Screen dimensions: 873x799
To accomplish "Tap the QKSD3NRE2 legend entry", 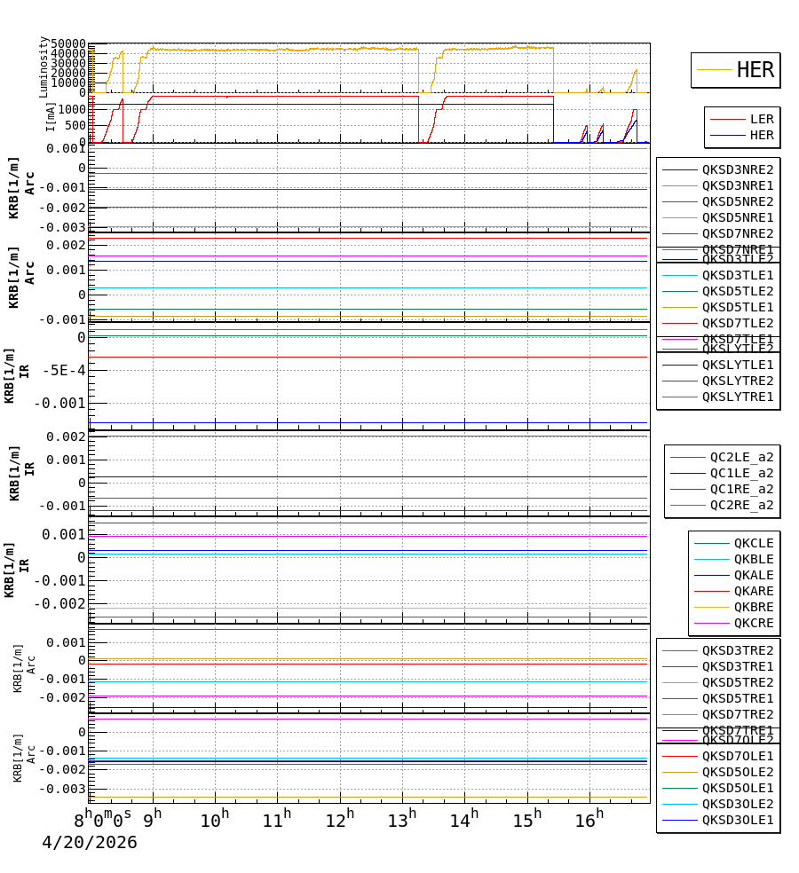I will coord(737,169).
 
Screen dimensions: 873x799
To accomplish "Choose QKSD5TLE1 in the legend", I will coord(737,307).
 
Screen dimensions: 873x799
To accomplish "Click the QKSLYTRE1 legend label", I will coord(737,397).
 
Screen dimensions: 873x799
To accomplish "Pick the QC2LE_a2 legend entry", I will coord(741,457).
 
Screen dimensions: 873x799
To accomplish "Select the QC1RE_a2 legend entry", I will coord(741,489).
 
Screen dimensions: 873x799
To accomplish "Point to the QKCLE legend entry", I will coord(753,543).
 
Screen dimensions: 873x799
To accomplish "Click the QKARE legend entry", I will coord(753,591).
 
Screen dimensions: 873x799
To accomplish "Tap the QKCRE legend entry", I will coord(753,623).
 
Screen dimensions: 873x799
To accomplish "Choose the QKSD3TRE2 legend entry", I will coord(737,650).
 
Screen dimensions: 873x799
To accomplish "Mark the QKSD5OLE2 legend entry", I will coord(737,772).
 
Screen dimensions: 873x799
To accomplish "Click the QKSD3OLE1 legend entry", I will coord(737,820).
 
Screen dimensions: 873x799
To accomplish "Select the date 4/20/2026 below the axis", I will coord(90,843).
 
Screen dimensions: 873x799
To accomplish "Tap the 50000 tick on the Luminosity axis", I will coord(68,44).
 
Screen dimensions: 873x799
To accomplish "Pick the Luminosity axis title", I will coord(44,67).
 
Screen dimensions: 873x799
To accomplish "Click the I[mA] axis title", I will coord(51,117).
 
